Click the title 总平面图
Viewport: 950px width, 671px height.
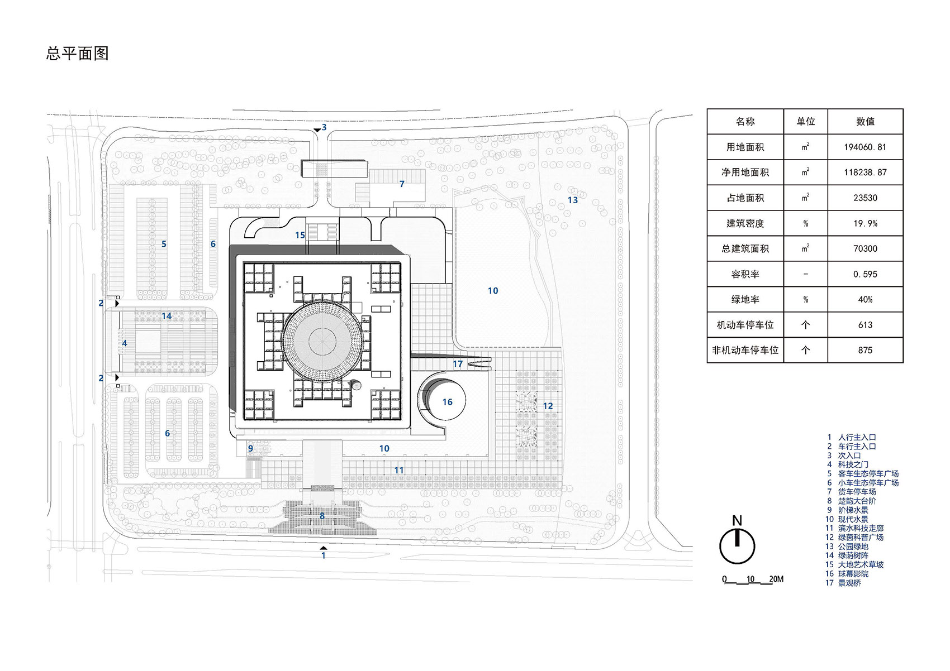point(77,54)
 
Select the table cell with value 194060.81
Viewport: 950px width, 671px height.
point(864,147)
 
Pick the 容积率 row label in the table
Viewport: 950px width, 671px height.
point(745,274)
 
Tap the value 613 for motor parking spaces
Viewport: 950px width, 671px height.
point(864,325)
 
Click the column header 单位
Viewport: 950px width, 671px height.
point(805,122)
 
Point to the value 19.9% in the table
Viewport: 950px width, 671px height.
point(864,223)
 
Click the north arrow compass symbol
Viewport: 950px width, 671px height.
point(737,546)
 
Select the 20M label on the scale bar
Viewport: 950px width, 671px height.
point(776,579)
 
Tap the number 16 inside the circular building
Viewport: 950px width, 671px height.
point(447,402)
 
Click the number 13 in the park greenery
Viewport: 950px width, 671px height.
point(573,200)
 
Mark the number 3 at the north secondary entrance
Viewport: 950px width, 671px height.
point(324,128)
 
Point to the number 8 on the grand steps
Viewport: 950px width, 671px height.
point(322,516)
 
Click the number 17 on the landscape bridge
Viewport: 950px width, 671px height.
point(458,364)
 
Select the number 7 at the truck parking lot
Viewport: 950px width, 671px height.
point(402,184)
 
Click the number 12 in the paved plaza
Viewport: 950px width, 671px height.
point(548,406)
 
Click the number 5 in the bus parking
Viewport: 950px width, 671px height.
point(164,244)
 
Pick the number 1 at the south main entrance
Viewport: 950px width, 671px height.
point(323,556)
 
